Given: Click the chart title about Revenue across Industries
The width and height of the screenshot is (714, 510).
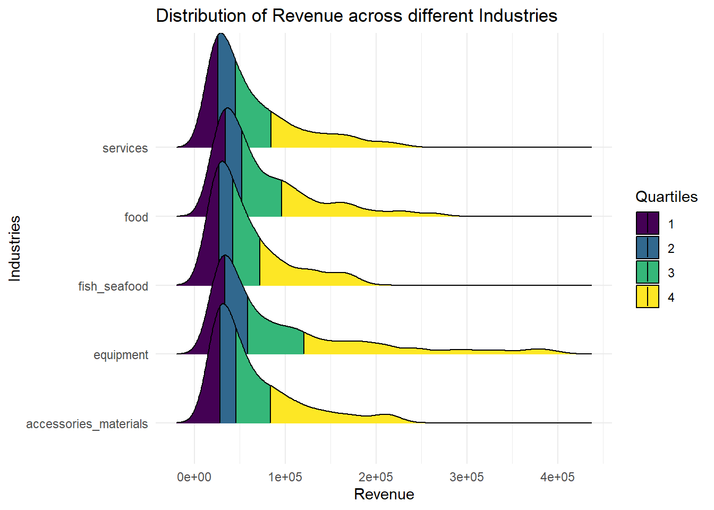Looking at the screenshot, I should [356, 15].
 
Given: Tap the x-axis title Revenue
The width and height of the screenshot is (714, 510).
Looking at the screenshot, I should [384, 495].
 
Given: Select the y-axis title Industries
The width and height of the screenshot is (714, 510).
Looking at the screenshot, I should [15, 248].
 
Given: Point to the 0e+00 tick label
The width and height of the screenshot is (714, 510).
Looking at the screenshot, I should [194, 477].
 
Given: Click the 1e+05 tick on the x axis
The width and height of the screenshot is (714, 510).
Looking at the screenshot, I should [285, 477].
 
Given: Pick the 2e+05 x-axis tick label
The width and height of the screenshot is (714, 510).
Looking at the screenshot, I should [376, 477].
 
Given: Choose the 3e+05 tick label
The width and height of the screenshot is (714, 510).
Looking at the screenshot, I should [466, 477].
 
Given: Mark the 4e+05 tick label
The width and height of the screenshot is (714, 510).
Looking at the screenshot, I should [557, 477].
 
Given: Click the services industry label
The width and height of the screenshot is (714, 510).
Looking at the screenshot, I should [125, 148].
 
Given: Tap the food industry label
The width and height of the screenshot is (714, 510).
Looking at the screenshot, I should [136, 217].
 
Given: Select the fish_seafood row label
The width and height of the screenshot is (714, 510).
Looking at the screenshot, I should [113, 286].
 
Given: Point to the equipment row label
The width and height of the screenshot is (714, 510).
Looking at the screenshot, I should [121, 355].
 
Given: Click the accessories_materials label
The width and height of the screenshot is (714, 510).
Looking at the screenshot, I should [87, 424].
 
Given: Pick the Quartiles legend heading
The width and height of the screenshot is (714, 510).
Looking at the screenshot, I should [666, 197].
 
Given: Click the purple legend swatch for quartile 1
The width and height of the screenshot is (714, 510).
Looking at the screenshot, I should [647, 223].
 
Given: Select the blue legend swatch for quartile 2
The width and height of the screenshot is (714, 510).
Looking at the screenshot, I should [647, 248].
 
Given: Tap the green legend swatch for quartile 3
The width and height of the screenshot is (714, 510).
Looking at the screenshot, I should [647, 272].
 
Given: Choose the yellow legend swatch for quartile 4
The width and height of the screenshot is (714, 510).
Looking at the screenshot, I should [647, 296].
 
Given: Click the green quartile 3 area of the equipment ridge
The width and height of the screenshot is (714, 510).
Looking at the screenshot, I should [274, 340].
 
